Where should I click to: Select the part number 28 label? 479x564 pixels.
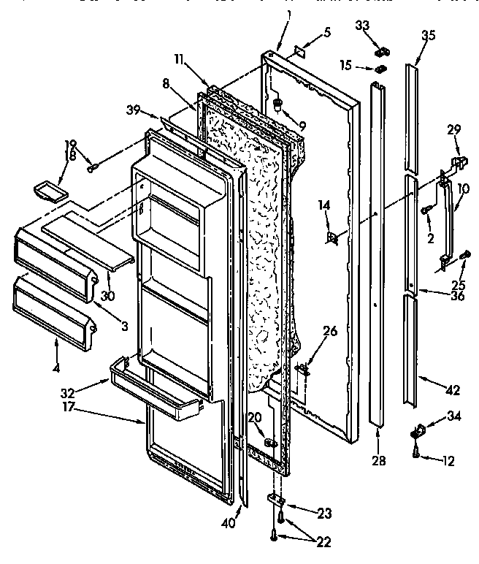(378, 462)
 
